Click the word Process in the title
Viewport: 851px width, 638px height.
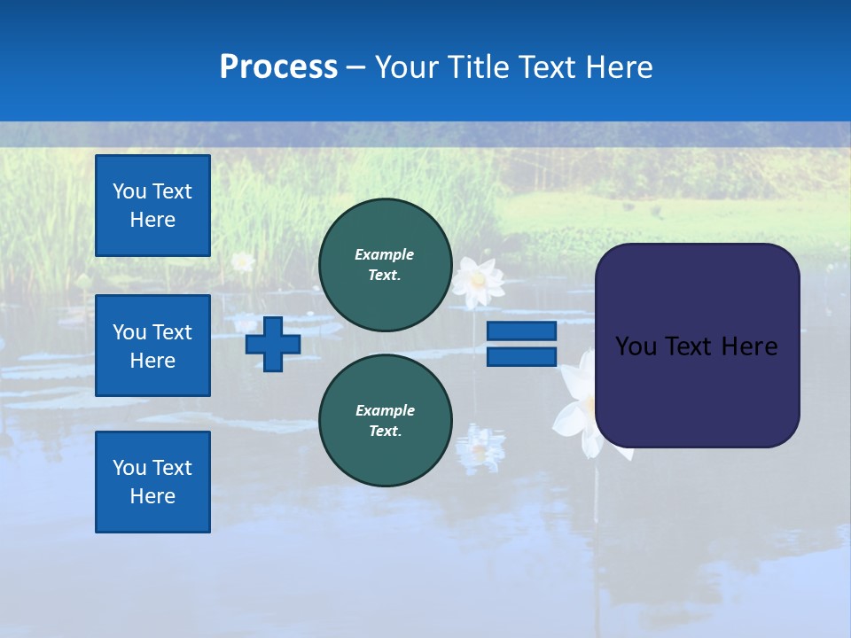click(278, 67)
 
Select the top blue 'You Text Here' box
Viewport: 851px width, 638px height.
click(152, 206)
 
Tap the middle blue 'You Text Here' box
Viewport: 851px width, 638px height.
click(152, 346)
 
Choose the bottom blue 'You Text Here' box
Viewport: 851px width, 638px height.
click(152, 482)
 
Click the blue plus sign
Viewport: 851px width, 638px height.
click(273, 344)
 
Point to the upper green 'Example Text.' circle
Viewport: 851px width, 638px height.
click(385, 265)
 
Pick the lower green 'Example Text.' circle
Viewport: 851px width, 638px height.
click(385, 421)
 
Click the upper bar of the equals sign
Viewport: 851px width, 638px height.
click(521, 331)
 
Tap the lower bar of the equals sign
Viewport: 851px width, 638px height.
click(521, 356)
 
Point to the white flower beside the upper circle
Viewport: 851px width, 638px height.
click(479, 282)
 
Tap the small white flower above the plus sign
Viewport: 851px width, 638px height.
click(242, 261)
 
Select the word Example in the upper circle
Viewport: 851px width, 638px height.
click(385, 254)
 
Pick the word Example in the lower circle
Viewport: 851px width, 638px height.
click(385, 410)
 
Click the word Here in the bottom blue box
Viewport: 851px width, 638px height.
click(152, 496)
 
